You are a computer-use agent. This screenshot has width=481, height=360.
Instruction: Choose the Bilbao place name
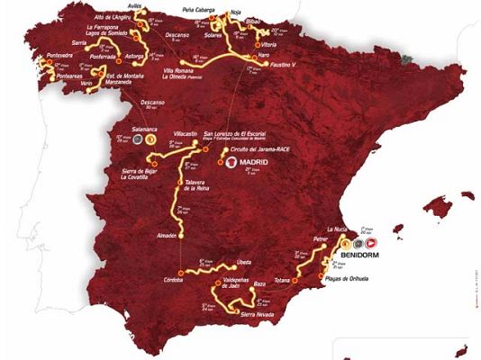251,18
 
